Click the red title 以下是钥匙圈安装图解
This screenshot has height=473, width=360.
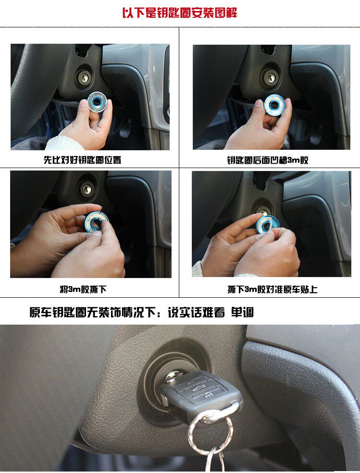(x=180, y=13)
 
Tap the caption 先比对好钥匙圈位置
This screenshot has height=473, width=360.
(x=83, y=159)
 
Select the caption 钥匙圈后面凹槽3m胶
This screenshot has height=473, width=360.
(x=268, y=160)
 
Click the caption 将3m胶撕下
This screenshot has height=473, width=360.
(x=83, y=290)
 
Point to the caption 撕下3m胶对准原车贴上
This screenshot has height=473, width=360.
(x=273, y=290)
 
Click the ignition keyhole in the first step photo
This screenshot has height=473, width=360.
(x=84, y=77)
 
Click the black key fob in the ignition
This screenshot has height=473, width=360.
(x=201, y=393)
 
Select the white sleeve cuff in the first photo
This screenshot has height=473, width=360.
(x=64, y=143)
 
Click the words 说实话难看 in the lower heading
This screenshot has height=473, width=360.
(x=196, y=312)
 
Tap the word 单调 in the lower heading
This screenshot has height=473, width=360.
(x=242, y=312)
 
